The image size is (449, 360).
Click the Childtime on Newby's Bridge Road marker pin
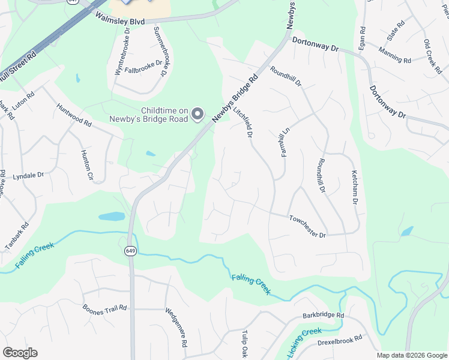tap(199, 114)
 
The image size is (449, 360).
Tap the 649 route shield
tap(130, 250)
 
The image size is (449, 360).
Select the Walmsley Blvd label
tap(120, 20)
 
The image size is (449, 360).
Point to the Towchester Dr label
tap(307, 226)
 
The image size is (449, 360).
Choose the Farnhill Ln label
tap(285, 142)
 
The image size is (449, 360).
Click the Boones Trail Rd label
tap(105, 308)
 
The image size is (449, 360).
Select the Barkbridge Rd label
tap(323, 316)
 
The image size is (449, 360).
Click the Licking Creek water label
tap(304, 342)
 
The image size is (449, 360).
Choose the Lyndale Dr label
tap(29, 176)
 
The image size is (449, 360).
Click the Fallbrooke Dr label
tap(146, 65)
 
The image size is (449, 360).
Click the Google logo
tap(20, 353)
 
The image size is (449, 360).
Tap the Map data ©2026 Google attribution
tap(412, 355)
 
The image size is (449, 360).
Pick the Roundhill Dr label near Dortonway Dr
tap(285, 76)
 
